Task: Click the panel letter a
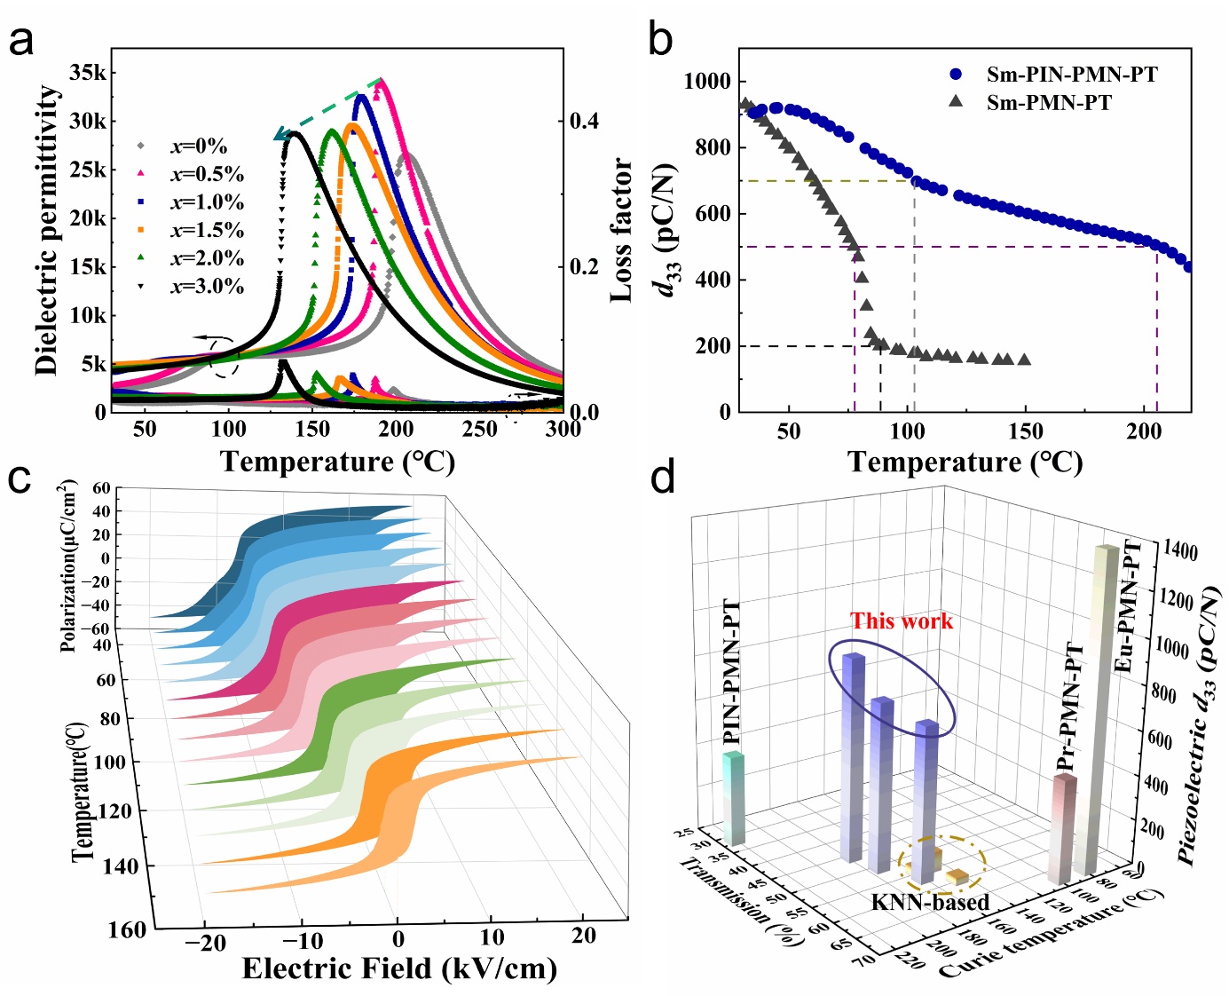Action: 21,41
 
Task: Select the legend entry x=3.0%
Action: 206,286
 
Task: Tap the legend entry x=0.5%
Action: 206,175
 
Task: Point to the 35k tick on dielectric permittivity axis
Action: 87,73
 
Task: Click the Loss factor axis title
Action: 622,231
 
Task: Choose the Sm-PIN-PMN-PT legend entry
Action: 1071,75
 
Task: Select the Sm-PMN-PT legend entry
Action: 1048,103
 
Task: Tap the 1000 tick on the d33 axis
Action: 707,82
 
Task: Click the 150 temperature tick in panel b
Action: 1026,431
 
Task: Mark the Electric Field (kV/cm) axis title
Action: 399,968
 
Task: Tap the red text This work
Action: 902,621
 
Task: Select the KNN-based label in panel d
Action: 930,903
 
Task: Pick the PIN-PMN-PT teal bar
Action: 733,799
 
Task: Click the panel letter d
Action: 663,479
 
